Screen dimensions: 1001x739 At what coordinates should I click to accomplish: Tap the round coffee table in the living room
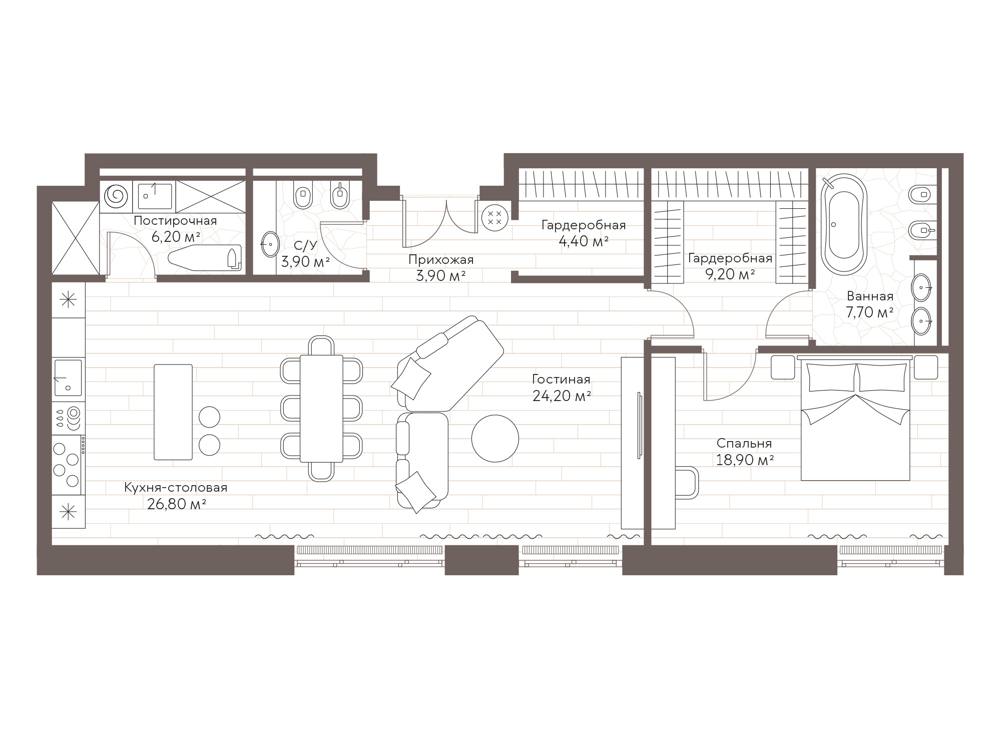495,439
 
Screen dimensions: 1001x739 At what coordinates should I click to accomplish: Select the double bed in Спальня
855,418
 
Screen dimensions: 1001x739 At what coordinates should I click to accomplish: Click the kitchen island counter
173,412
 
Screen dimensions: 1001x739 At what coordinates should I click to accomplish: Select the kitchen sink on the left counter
68,378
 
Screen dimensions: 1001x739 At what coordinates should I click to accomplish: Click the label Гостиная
561,380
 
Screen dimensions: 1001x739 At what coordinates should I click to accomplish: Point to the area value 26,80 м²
177,504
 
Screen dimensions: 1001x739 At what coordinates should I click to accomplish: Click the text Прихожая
440,260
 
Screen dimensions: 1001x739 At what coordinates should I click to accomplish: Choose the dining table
321,408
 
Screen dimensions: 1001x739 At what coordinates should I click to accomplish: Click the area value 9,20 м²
730,274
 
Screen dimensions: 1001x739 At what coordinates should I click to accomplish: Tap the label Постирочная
175,221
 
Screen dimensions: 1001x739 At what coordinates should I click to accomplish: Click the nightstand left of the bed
783,367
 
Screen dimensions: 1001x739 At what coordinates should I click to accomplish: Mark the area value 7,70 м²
870,312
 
